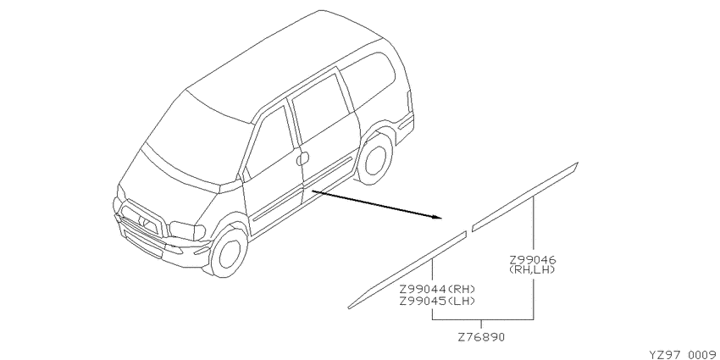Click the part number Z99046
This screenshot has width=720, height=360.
(x=532, y=260)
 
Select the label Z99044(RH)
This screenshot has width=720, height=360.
(x=436, y=290)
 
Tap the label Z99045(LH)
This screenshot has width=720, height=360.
(x=436, y=302)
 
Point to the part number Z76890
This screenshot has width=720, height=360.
(x=481, y=337)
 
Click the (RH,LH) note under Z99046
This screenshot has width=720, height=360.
(x=532, y=270)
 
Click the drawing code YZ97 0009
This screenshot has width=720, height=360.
(x=683, y=355)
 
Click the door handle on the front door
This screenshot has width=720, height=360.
(x=302, y=158)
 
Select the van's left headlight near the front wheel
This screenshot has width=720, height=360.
(x=187, y=230)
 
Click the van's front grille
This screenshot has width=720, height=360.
(x=140, y=221)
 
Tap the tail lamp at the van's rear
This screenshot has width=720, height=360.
(x=408, y=102)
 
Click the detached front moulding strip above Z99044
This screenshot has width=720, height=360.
(x=407, y=270)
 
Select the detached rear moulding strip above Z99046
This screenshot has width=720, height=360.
(x=525, y=197)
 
